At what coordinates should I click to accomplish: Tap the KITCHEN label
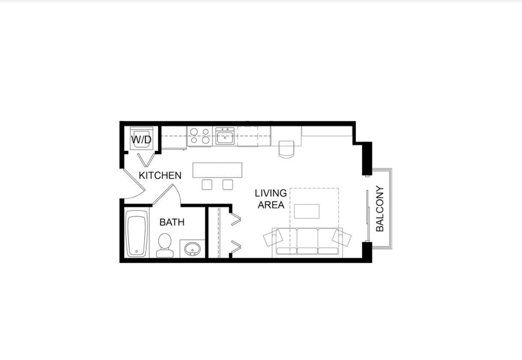pyautogui.click(x=160, y=175)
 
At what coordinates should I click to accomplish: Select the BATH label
pyautogui.click(x=172, y=222)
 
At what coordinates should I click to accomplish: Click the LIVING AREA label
pyautogui.click(x=271, y=199)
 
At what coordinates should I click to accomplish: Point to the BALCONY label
pyautogui.click(x=380, y=209)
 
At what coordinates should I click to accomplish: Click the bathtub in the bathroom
pyautogui.click(x=137, y=235)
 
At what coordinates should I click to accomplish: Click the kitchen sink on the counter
pyautogui.click(x=225, y=137)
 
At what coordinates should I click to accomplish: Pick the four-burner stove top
pyautogui.click(x=200, y=136)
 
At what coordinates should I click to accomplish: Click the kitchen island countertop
pyautogui.click(x=218, y=170)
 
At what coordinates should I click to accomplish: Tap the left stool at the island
pyautogui.click(x=207, y=184)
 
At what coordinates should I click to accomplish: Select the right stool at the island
pyautogui.click(x=228, y=184)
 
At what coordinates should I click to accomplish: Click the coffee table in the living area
pyautogui.click(x=306, y=211)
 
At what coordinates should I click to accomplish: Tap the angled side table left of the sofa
pyautogui.click(x=272, y=237)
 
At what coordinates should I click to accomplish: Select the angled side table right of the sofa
pyautogui.click(x=342, y=237)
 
